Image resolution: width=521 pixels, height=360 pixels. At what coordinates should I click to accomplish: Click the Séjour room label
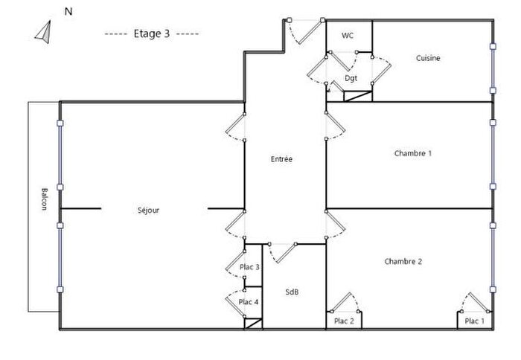coord(149,210)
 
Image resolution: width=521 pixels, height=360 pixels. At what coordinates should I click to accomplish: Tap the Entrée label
coord(281,158)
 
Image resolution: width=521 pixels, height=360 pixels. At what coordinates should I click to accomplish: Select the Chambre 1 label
coord(413,153)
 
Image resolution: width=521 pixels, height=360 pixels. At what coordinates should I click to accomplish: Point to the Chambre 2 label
coord(403,261)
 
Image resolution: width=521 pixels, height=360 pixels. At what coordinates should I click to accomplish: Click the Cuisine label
coord(428,58)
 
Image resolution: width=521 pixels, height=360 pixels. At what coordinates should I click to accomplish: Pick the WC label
coord(348,36)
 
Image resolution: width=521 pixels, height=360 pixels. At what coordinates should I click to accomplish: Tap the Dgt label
coord(351,78)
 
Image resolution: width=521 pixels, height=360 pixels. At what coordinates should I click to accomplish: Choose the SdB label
coord(292,292)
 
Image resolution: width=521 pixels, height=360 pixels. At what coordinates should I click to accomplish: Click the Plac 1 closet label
coord(474,321)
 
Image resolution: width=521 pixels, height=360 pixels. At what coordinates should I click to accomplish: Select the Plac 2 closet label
coord(344,321)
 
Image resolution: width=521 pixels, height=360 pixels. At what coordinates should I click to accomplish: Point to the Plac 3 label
coord(249,267)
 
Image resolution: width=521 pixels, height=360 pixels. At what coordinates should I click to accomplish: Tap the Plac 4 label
coord(249,301)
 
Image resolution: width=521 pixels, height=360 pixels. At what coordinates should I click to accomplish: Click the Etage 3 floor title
coord(152,33)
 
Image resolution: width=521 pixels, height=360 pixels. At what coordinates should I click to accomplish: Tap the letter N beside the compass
coord(68,11)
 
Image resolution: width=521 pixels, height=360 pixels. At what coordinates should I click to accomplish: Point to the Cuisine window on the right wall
coord(493,68)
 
